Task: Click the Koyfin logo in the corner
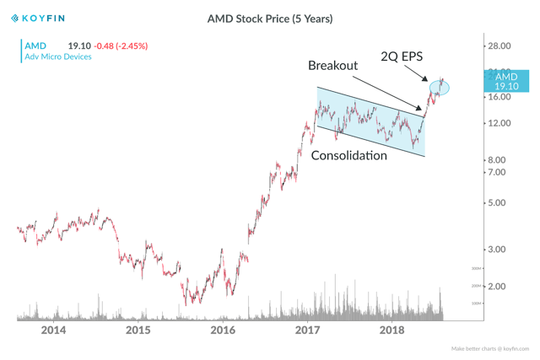[38, 18]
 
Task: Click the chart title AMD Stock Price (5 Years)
[270, 18]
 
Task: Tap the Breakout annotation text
[332, 65]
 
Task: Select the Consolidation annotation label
[349, 156]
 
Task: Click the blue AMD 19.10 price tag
[506, 81]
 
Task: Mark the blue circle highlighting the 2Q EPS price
[440, 87]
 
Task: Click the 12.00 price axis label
[501, 123]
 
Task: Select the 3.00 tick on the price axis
[499, 249]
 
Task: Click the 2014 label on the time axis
[53, 330]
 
